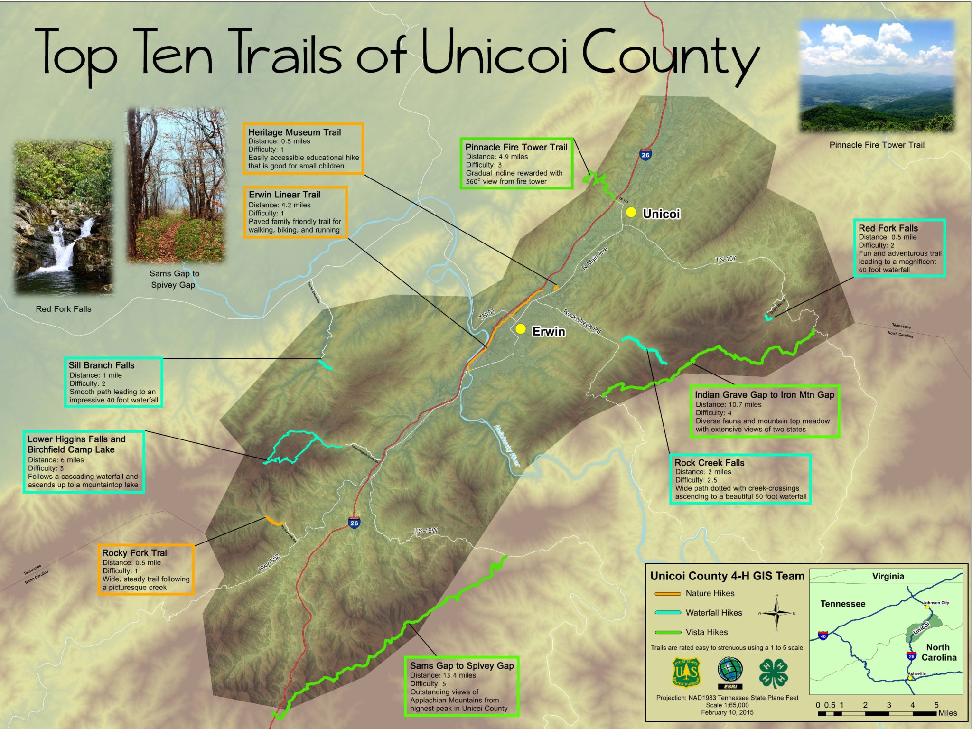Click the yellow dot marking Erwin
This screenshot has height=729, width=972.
pos(521,329)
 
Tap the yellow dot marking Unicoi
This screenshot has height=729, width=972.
pos(631,212)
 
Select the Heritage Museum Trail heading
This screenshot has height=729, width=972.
pos(294,132)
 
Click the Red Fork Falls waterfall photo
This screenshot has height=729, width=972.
pos(63,217)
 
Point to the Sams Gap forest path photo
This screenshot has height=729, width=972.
pos(176,185)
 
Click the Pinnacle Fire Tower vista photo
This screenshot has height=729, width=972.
pos(877,76)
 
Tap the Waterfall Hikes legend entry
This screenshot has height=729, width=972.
pos(713,613)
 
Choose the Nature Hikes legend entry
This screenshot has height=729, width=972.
pos(710,593)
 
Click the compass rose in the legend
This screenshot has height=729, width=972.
pos(776,613)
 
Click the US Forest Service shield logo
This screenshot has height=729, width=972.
pos(686,672)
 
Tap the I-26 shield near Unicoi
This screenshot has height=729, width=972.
pos(645,154)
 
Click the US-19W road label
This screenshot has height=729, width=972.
pos(426,531)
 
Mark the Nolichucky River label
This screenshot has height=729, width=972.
pos(507,445)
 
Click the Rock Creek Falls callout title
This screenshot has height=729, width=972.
pos(709,463)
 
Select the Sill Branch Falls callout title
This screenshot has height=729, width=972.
pos(102,365)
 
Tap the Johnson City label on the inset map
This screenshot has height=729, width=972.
pos(936,603)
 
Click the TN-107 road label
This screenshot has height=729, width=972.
pos(726,259)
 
